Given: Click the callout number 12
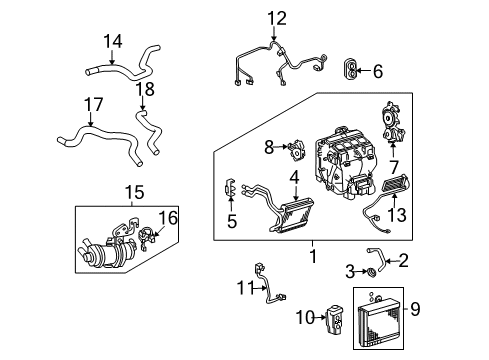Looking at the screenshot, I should tap(275, 17).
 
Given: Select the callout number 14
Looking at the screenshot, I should tap(112, 42).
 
